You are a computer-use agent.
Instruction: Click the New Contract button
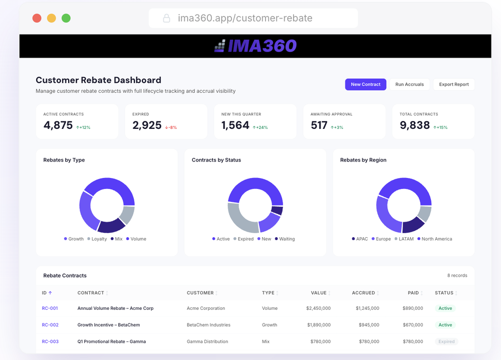tap(366, 84)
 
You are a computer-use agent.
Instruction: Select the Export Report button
tap(454, 84)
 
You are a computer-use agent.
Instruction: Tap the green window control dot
tap(66, 18)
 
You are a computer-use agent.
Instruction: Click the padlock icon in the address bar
tap(166, 18)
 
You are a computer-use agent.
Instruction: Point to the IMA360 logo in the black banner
tap(256, 46)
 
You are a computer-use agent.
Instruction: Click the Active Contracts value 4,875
tap(58, 125)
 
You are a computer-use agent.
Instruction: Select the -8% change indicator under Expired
tap(171, 127)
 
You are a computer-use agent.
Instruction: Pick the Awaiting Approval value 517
tap(319, 125)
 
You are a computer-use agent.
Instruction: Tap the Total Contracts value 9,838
tap(415, 125)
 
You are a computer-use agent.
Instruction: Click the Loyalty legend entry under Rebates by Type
tap(97, 239)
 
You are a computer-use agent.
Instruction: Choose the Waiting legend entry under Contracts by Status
tap(285, 239)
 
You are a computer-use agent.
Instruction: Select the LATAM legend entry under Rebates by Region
tap(404, 239)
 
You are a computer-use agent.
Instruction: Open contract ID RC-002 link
tap(50, 325)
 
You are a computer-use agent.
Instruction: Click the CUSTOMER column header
tap(200, 293)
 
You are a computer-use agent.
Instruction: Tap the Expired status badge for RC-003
tap(446, 341)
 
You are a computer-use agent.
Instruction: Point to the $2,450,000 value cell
tap(318, 308)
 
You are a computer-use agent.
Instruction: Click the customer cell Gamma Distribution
tap(207, 341)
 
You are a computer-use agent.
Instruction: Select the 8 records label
tap(457, 275)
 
